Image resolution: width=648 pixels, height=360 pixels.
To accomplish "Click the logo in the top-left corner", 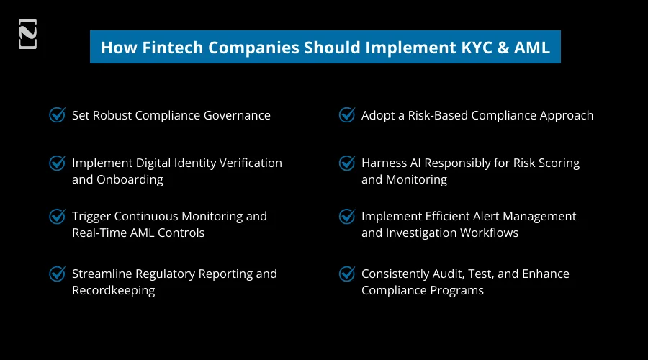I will [x=27, y=35].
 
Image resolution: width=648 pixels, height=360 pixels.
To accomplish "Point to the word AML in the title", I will [x=533, y=48].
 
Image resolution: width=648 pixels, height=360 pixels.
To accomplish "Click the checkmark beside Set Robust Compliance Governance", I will [x=57, y=115].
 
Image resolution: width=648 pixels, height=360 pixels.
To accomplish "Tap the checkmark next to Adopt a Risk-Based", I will [x=346, y=115].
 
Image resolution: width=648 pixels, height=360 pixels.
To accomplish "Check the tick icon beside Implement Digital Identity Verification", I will [x=57, y=163].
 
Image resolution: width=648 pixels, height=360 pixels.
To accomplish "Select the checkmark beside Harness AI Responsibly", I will [x=346, y=163].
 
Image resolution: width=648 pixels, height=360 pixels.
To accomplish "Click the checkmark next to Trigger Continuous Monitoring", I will [x=57, y=216].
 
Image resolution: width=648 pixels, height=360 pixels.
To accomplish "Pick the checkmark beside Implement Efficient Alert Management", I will [x=346, y=216].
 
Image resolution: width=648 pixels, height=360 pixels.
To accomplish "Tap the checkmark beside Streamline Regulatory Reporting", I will [x=57, y=274].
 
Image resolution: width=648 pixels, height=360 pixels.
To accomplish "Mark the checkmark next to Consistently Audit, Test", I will [x=346, y=274].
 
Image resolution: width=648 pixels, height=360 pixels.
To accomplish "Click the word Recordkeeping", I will [x=113, y=290].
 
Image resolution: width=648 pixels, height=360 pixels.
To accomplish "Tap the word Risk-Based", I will [x=431, y=115].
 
